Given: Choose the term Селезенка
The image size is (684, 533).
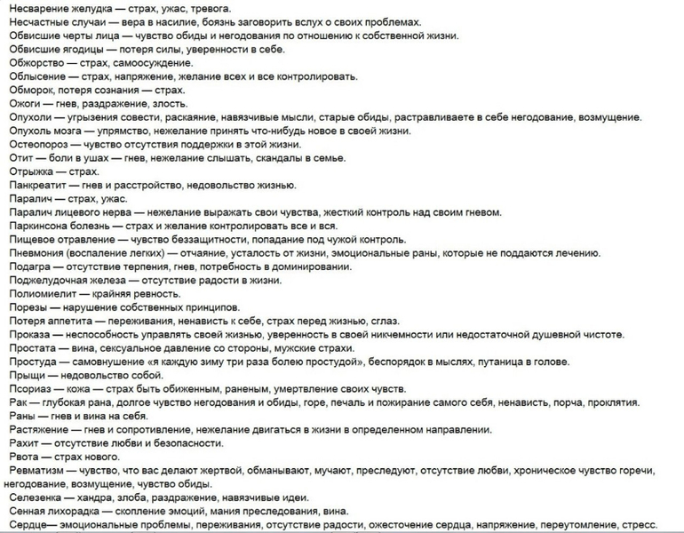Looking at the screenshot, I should (x=34, y=497).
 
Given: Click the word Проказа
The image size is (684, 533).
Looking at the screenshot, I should (x=32, y=335).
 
